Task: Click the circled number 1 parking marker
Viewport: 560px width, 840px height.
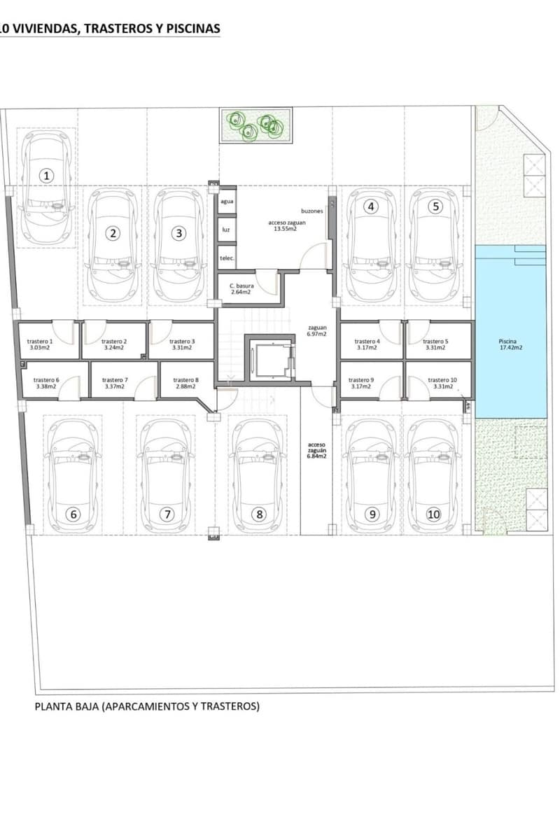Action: click(46, 176)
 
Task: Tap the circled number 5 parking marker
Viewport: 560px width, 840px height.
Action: click(435, 206)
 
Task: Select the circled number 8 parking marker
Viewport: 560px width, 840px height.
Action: click(259, 514)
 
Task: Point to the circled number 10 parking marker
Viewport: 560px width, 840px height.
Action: click(433, 514)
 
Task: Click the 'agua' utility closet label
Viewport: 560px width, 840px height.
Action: click(227, 202)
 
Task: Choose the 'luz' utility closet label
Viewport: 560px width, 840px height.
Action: click(226, 230)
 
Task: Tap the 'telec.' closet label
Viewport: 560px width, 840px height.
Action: click(227, 258)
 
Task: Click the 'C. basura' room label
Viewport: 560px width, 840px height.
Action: click(241, 286)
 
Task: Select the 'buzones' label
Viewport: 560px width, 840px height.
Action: click(312, 211)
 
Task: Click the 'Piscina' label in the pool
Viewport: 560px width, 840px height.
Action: click(507, 342)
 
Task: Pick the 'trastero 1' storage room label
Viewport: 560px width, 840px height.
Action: click(40, 342)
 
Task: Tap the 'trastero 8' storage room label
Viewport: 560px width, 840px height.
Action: click(186, 380)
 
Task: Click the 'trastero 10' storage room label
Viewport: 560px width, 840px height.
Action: click(442, 380)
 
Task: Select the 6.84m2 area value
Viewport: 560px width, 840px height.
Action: click(317, 456)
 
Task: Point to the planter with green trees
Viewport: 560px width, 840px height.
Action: click(256, 125)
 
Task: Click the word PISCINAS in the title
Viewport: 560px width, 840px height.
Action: click(193, 29)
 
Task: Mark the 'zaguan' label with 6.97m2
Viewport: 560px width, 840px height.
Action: click(316, 328)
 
